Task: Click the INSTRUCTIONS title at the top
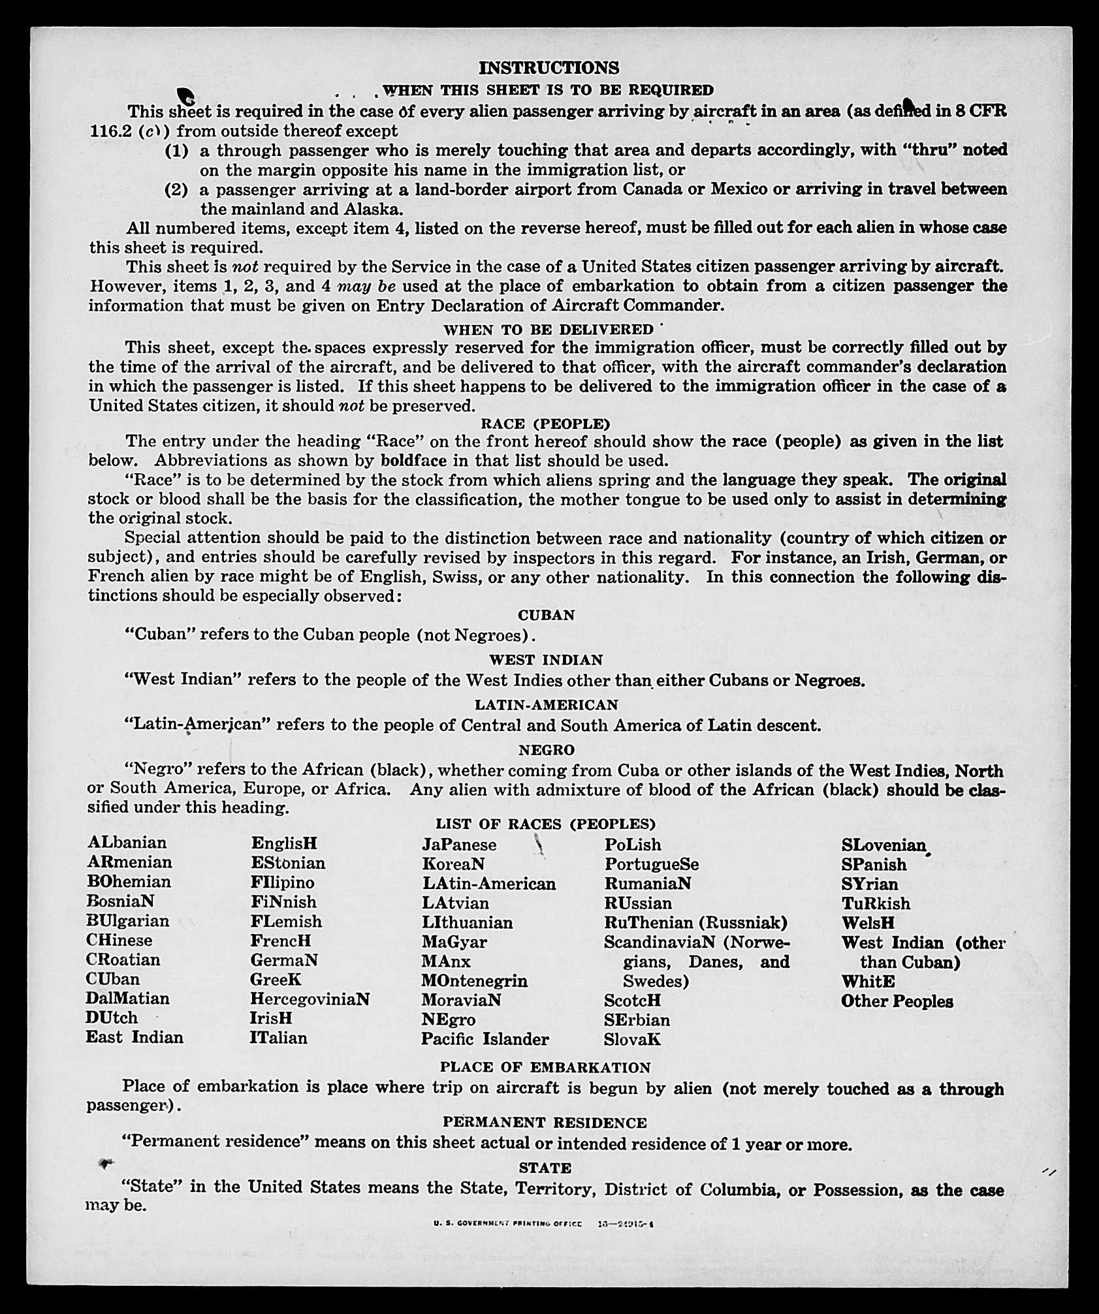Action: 549,68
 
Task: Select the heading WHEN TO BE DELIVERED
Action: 549,330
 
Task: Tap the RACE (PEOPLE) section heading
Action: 545,424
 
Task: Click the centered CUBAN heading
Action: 546,615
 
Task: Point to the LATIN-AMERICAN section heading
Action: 546,705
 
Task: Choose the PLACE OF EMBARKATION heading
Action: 545,1067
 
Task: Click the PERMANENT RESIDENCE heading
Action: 545,1122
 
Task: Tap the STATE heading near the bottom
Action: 545,1167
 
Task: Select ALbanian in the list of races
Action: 127,842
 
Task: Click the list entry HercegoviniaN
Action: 310,999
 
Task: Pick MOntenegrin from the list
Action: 474,980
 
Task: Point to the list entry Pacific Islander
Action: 485,1039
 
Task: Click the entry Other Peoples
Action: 897,1001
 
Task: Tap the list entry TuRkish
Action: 875,903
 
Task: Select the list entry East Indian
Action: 135,1037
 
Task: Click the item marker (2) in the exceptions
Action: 176,189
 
